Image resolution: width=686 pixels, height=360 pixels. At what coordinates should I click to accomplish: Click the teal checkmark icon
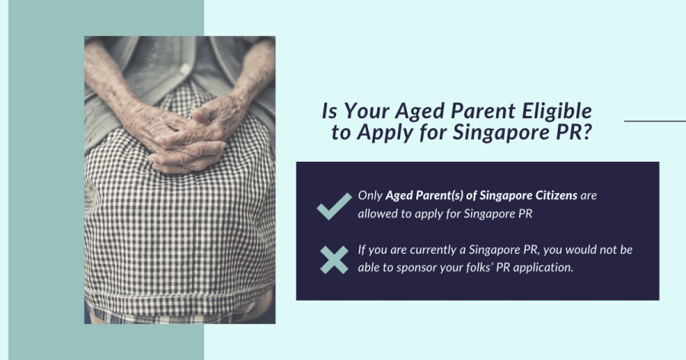(335, 206)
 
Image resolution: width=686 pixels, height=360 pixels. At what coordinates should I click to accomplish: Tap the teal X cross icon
(335, 260)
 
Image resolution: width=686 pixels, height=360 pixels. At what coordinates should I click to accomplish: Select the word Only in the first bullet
(370, 195)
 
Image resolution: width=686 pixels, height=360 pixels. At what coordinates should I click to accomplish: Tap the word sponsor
(417, 268)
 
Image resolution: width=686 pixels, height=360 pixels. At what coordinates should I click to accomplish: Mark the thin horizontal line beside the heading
(655, 121)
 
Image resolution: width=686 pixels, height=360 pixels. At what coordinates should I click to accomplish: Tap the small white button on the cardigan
(185, 69)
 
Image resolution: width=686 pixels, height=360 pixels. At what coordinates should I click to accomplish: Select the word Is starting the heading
(329, 111)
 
